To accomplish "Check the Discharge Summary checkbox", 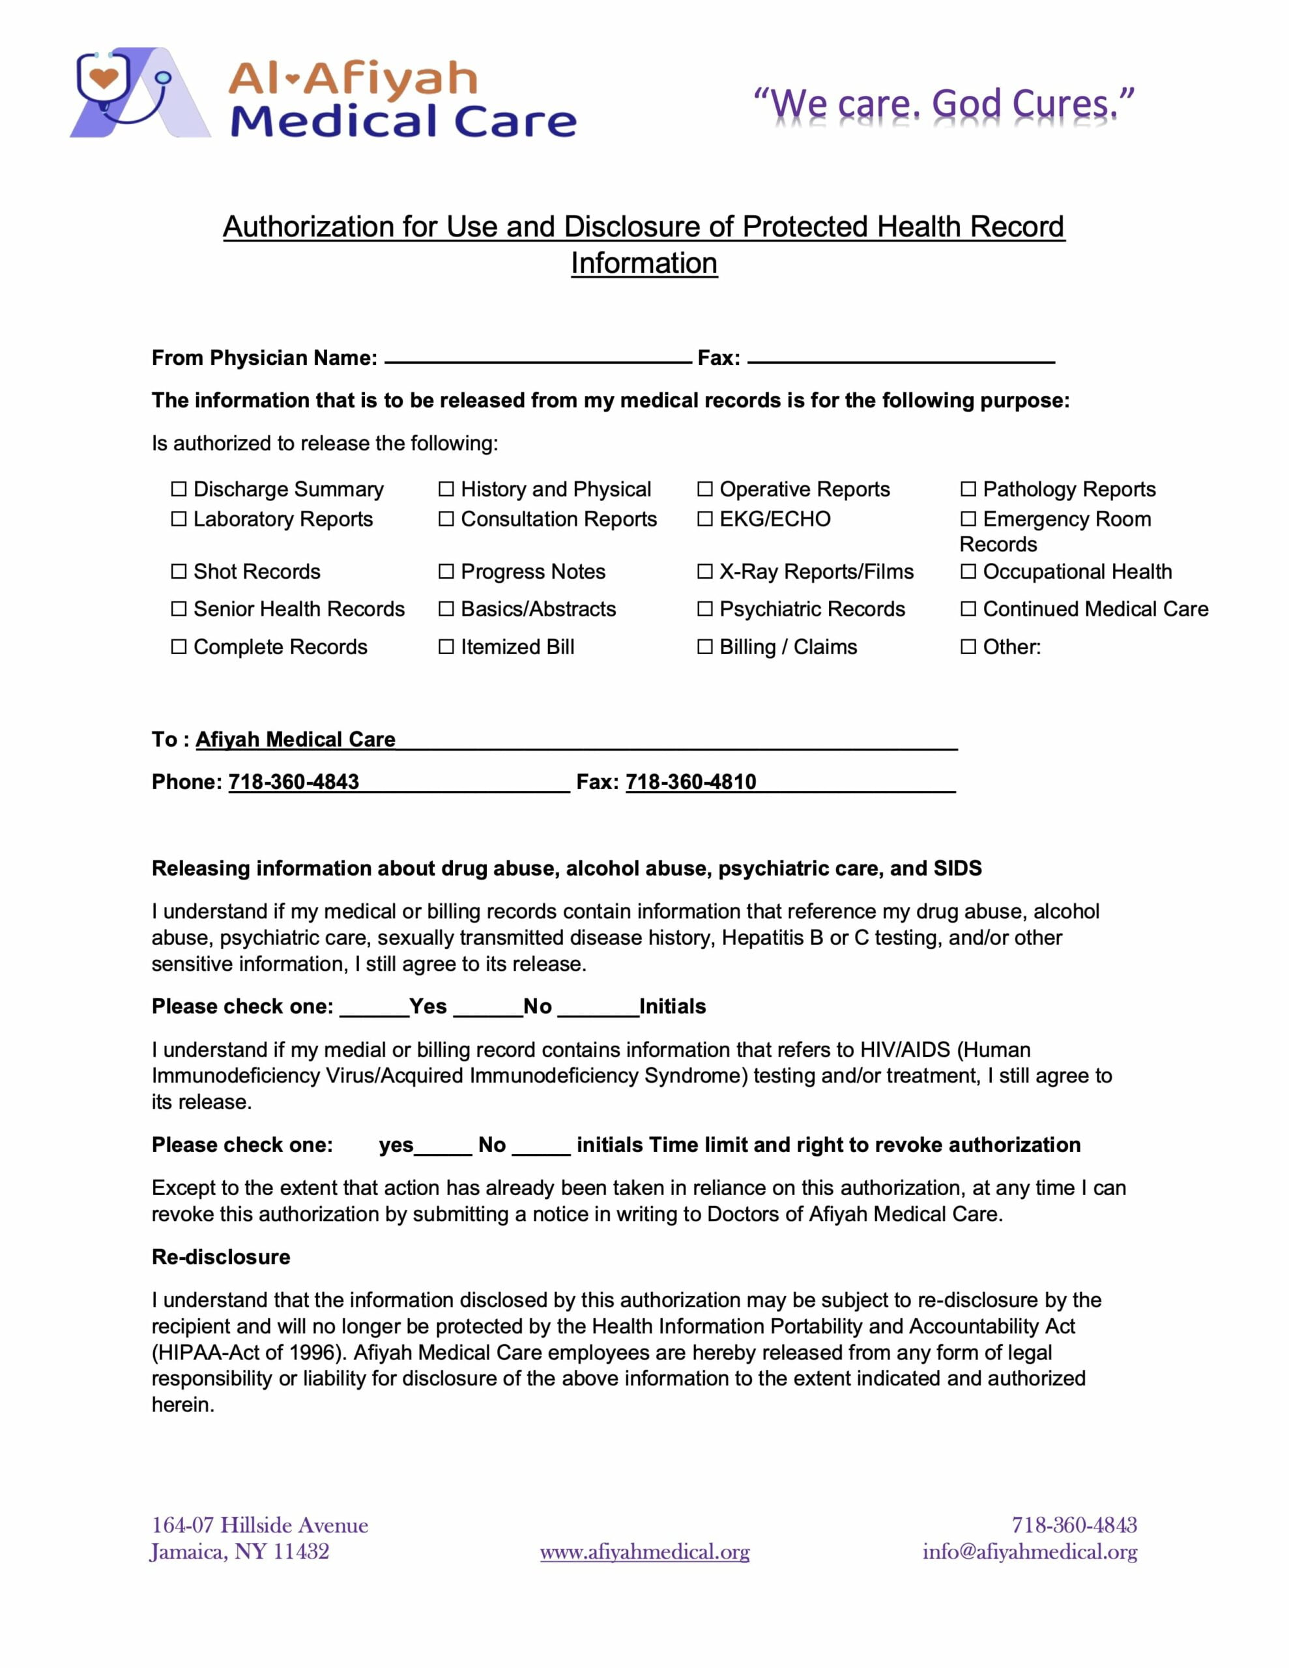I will click(179, 489).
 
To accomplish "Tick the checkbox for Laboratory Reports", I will click(179, 519).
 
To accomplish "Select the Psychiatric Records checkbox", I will click(704, 609).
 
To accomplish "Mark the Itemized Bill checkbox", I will click(446, 647).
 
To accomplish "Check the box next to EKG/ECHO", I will click(704, 519).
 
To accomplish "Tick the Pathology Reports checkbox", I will click(968, 489).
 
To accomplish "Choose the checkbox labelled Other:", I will click(968, 647).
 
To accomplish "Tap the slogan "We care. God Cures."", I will click(944, 105).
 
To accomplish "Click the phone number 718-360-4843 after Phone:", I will click(293, 782).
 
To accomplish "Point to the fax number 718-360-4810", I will click(691, 782).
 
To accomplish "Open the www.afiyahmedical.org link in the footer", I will click(644, 1552).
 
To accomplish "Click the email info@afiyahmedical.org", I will click(1029, 1552).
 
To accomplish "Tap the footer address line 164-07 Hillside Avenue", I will click(260, 1525).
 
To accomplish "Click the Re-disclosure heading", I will click(221, 1257).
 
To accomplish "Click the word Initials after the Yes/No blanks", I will click(673, 1007).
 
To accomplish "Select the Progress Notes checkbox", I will click(446, 571).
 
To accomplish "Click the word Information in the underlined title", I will click(644, 263).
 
